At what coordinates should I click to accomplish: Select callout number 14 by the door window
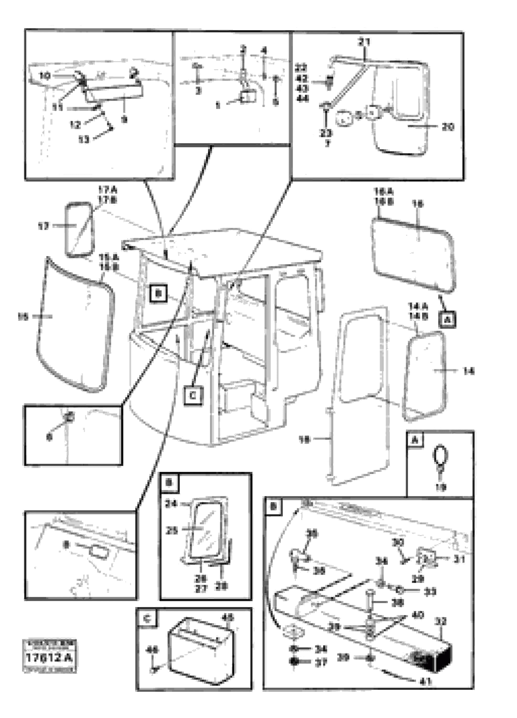[469, 371]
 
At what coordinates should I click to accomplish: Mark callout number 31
[459, 559]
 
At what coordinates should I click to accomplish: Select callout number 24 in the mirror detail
[171, 504]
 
